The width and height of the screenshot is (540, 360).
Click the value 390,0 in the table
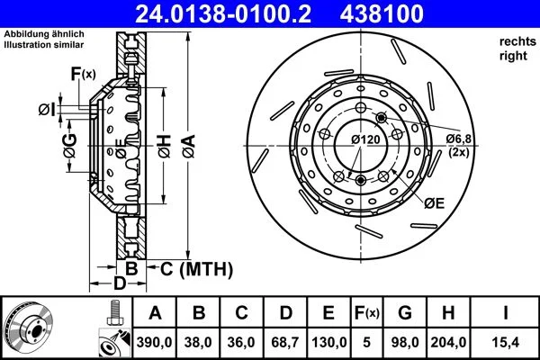(155, 342)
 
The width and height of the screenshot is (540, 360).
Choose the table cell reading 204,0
(449, 342)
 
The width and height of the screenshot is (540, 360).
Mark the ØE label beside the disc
(435, 203)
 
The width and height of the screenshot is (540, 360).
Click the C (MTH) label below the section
(195, 268)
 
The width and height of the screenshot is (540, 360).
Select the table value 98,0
(405, 342)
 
